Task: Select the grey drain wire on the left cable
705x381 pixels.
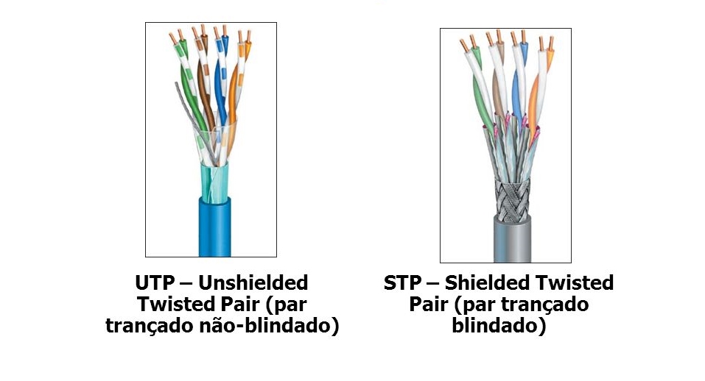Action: [184, 103]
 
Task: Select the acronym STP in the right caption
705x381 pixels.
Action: [401, 283]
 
